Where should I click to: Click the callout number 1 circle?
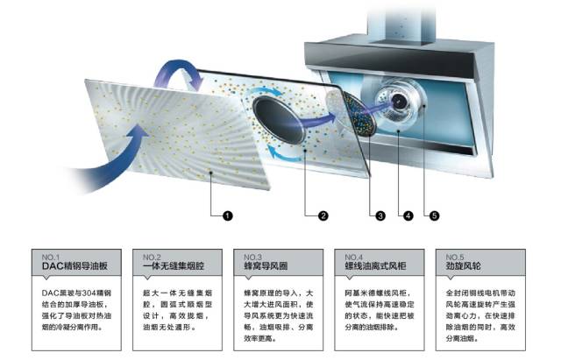[x=226, y=215]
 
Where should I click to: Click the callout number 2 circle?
[x=323, y=215]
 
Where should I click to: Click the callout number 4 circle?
[x=407, y=215]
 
